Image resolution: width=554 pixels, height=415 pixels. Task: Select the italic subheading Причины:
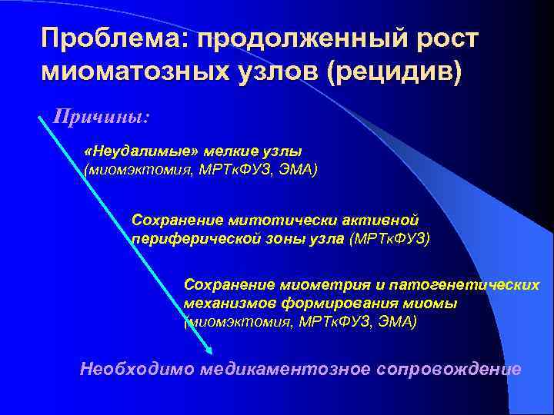pos(101,118)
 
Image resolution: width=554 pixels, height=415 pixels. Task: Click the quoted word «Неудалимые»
pos(128,151)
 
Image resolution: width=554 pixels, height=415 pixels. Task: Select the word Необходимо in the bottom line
pos(137,369)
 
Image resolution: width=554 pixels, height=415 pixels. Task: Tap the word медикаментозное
pos(285,369)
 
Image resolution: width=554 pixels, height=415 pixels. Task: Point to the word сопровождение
pos(449,369)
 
